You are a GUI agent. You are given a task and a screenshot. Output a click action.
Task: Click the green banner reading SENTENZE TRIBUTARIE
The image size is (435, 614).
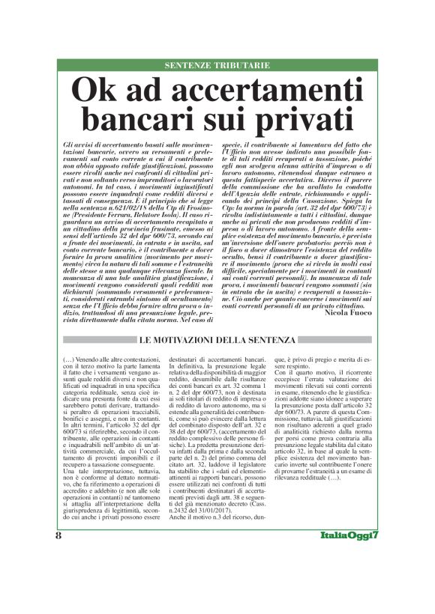pyautogui.click(x=217, y=65)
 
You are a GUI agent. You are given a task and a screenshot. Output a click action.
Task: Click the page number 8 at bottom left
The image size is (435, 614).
pyautogui.click(x=58, y=577)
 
